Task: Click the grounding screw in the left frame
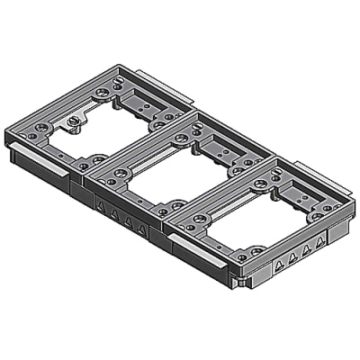tap(72, 122)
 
